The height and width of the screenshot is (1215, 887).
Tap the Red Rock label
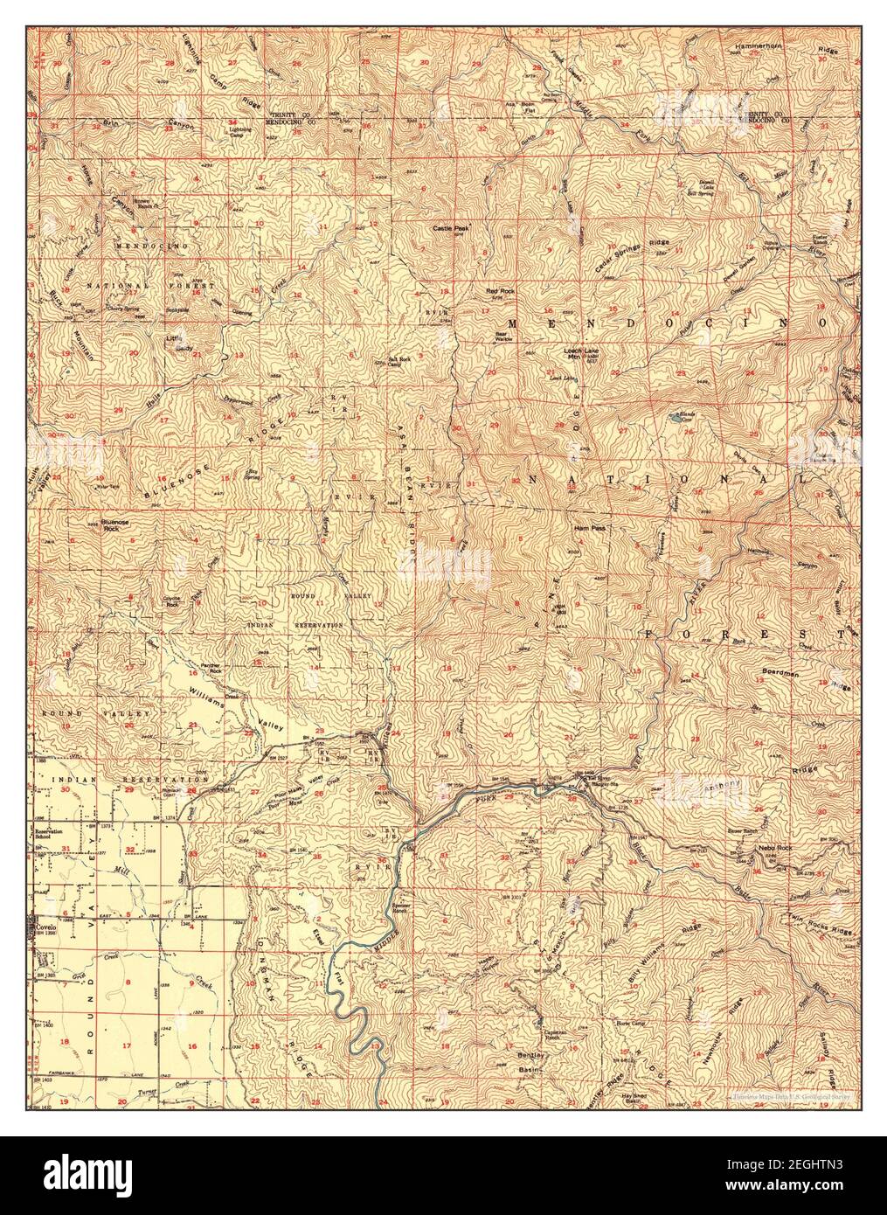pos(501,289)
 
